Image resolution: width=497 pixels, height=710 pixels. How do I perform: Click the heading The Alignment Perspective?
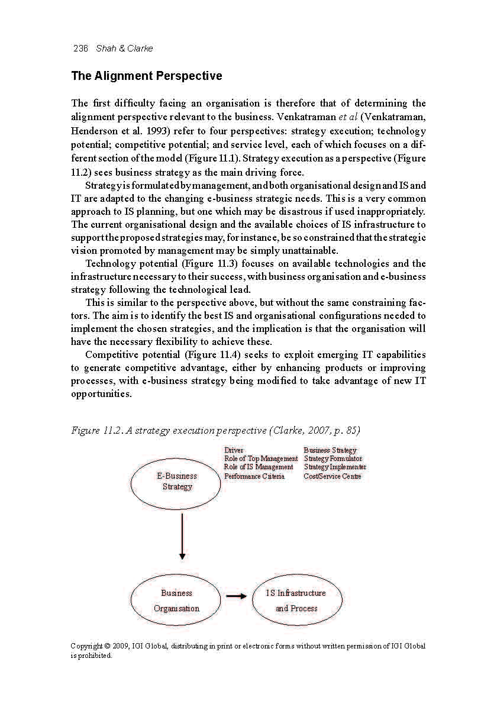pos(146,76)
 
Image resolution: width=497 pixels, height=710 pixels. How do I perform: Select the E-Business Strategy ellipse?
pos(177,482)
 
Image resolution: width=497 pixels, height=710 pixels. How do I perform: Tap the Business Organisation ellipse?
pos(177,601)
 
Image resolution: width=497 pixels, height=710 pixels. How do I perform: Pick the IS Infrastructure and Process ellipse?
pos(296,601)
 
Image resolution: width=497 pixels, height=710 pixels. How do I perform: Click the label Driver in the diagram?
pos(234,450)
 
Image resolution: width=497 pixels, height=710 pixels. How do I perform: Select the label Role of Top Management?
pos(261,459)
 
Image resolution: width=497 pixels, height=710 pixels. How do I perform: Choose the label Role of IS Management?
pos(259,467)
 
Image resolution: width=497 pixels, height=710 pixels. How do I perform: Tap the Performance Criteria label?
pos(254,476)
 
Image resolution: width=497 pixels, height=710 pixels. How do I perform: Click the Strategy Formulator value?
pos(333,459)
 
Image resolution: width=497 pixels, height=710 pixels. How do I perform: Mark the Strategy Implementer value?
pos(335,467)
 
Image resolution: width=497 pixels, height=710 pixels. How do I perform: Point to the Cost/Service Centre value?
pos(333,476)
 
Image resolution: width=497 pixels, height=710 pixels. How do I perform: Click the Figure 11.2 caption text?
pos(215,431)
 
